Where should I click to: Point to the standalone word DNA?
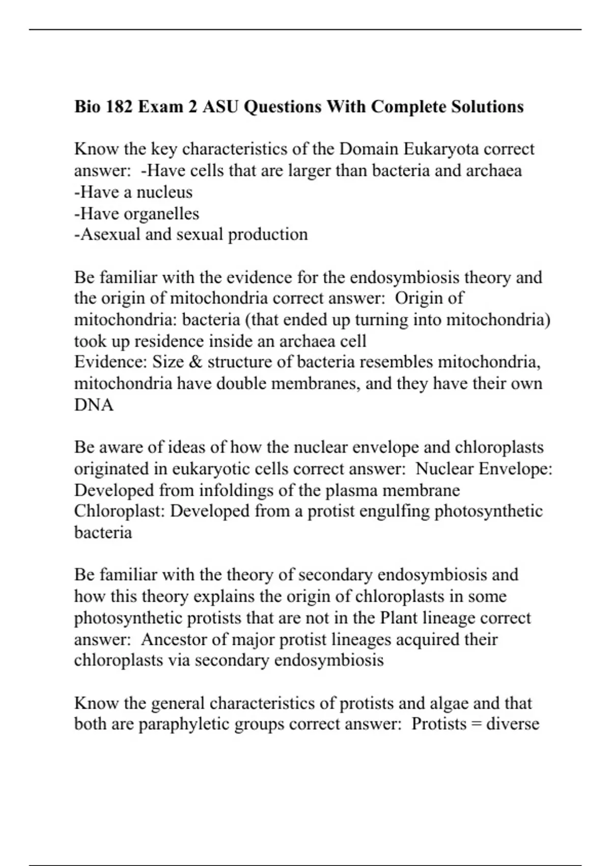[94, 405]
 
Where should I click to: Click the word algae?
[449, 703]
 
